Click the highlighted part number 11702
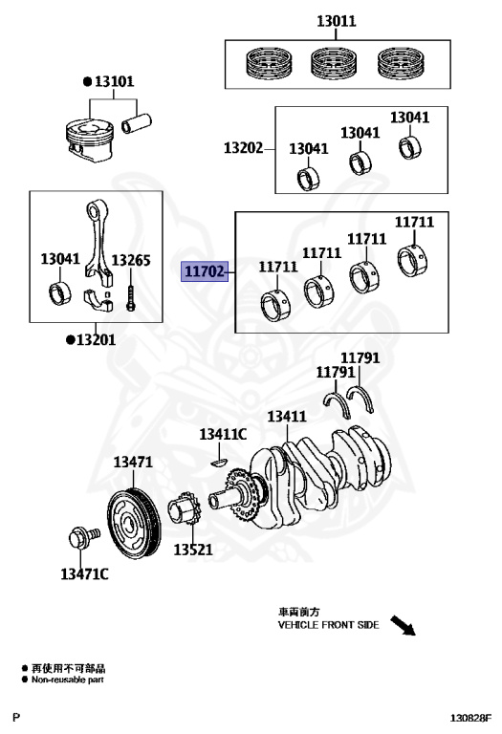pos(206,271)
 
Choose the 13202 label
pos(243,148)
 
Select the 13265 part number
pos(131,260)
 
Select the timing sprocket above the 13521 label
pos(185,513)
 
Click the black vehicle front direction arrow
pos(404,627)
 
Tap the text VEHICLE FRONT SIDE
pos(328,624)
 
